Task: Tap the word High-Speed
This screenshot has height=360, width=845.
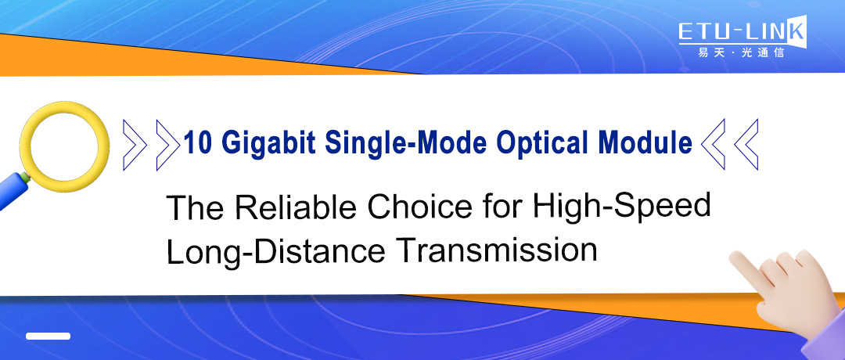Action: pos(620,207)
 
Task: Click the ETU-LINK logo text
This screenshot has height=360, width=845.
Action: pos(739,33)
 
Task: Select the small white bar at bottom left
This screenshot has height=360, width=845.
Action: pos(48,336)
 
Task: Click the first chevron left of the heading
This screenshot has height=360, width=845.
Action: pos(135,142)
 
